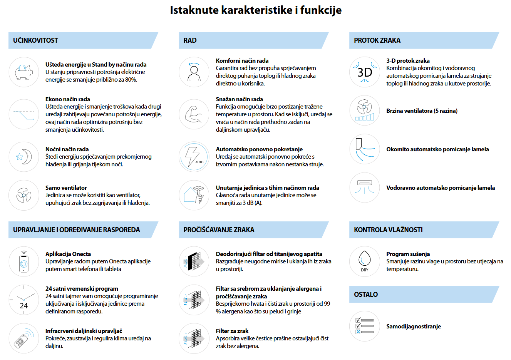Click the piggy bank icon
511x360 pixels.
pyautogui.click(x=23, y=72)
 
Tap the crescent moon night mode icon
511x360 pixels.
pyautogui.click(x=24, y=157)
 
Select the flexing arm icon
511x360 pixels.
pyautogui.click(x=194, y=114)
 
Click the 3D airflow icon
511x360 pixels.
pyautogui.click(x=365, y=72)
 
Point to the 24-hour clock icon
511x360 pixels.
pyautogui.click(x=24, y=300)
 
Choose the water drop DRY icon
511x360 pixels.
pyautogui.click(x=365, y=261)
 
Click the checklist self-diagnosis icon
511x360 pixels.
pyautogui.click(x=365, y=326)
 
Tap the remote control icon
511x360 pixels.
pyautogui.click(x=24, y=338)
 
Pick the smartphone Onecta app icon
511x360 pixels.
pyautogui.click(x=24, y=261)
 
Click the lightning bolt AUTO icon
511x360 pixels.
pyautogui.click(x=194, y=157)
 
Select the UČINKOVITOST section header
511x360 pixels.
pyautogui.click(x=35, y=40)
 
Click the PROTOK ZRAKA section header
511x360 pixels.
pyautogui.click(x=377, y=40)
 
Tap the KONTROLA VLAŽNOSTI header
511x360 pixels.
pyautogui.click(x=388, y=230)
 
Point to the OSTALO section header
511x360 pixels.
pyautogui.click(x=366, y=295)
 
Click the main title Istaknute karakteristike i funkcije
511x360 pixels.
pyautogui.click(x=256, y=10)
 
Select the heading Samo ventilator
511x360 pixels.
pyautogui.click(x=66, y=188)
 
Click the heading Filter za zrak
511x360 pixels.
pyautogui.click(x=232, y=331)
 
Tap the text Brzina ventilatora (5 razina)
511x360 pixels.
pyautogui.click(x=422, y=111)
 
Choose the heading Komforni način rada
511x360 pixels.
pyautogui.click(x=242, y=61)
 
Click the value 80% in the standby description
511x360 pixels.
pyautogui.click(x=131, y=80)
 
